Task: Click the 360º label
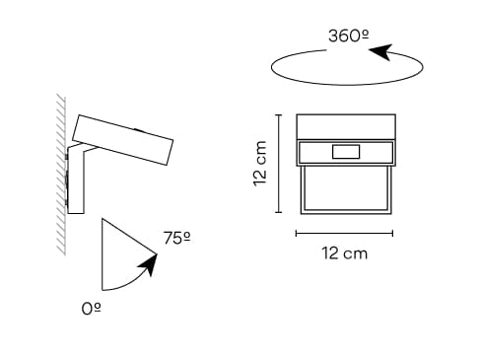coord(348,36)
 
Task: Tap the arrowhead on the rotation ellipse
coord(381,51)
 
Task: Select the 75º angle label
coord(177,238)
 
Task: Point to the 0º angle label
coord(92,309)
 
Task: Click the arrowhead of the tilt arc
coord(149,264)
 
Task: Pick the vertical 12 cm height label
coord(260,164)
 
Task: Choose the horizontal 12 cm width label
coord(344,253)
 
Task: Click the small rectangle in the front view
coord(346,152)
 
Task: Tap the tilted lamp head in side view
coord(122,139)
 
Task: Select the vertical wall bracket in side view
coord(76,180)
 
